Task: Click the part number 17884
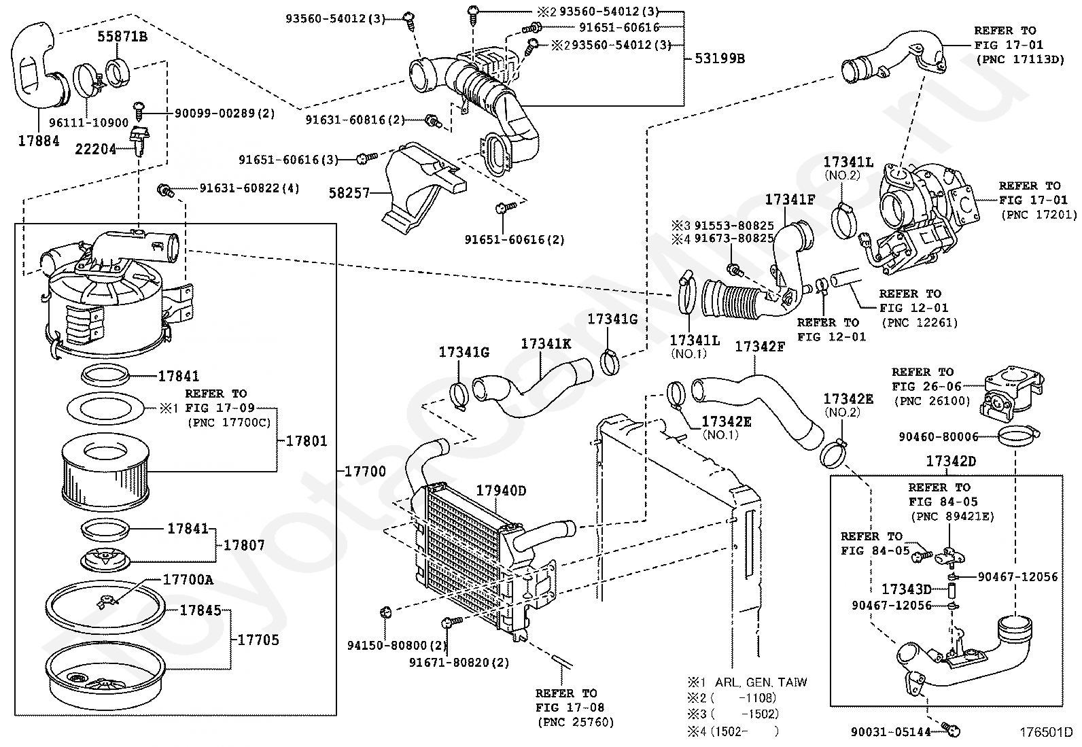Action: [x=38, y=141]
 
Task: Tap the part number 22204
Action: [x=95, y=148]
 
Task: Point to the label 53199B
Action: [x=719, y=58]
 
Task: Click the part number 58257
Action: [x=349, y=193]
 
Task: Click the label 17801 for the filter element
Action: [x=306, y=440]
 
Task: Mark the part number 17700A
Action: [x=188, y=579]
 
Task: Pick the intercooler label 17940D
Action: [x=501, y=491]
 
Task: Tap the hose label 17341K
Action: [x=546, y=344]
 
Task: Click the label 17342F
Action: [x=760, y=347]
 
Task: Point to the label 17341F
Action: [x=790, y=200]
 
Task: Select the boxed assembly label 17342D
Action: [x=951, y=462]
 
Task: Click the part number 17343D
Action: [x=906, y=589]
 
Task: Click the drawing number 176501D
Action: [x=1045, y=732]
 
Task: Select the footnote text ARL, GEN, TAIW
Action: [x=761, y=682]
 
